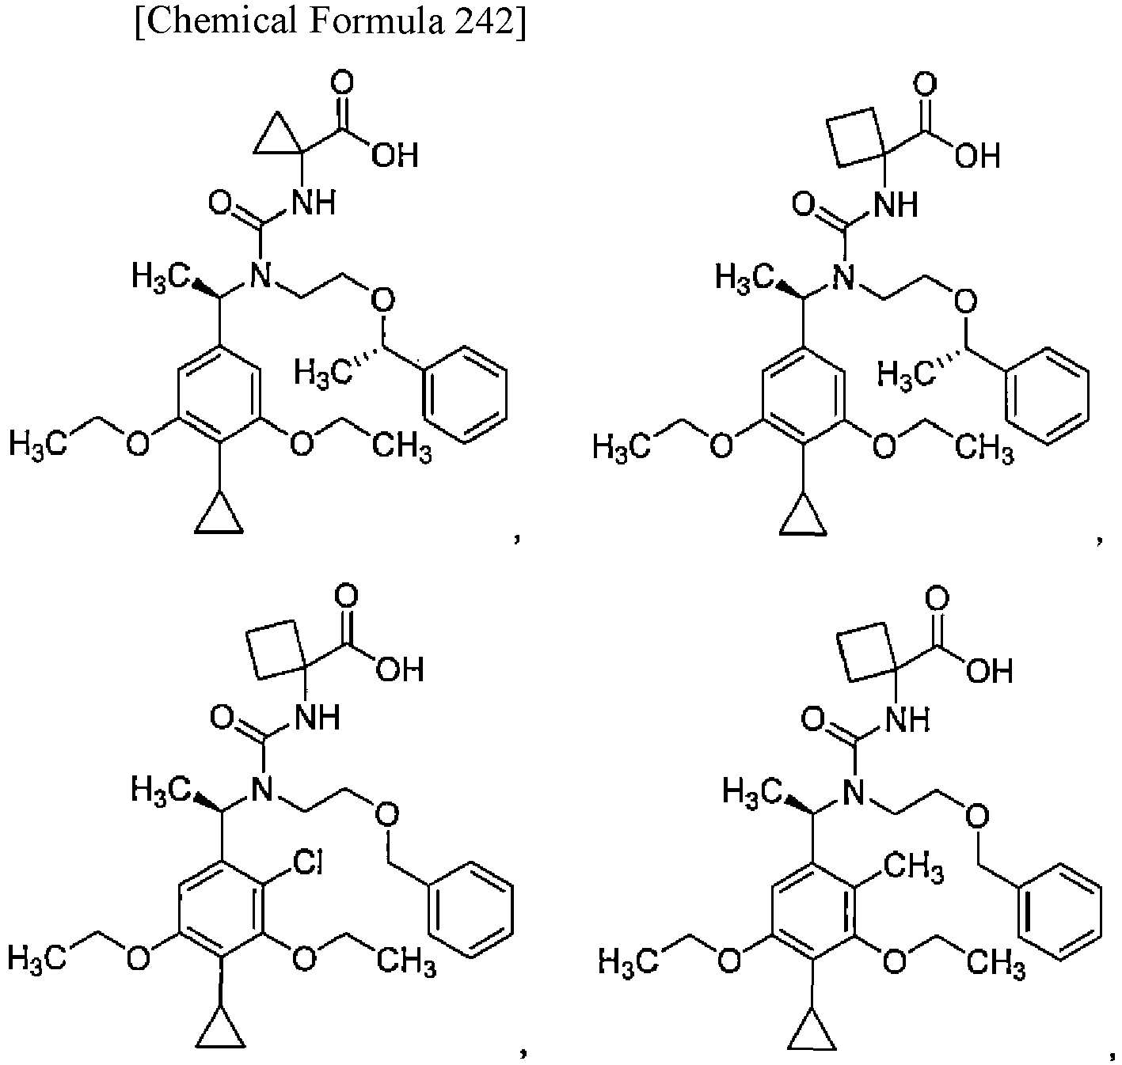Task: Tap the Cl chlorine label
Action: (308, 862)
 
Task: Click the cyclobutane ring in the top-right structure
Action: (856, 137)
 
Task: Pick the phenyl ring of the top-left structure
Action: (465, 393)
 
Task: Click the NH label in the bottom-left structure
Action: (318, 717)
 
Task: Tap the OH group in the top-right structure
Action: (977, 157)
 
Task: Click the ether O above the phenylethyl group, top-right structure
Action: (965, 301)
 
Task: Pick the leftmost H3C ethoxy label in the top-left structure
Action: (38, 444)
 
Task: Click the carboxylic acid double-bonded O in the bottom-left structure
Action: (346, 596)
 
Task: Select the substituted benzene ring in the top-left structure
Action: (219, 393)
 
